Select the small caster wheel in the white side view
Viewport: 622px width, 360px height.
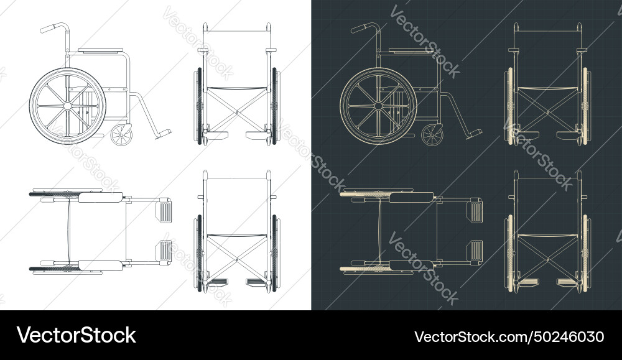click(x=122, y=135)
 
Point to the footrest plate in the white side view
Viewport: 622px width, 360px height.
click(x=163, y=132)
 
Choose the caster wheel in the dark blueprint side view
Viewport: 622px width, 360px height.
click(x=433, y=135)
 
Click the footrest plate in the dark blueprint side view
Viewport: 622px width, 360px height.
click(x=474, y=132)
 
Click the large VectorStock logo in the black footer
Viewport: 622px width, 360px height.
click(x=77, y=336)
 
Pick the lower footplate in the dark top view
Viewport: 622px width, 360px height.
click(x=475, y=250)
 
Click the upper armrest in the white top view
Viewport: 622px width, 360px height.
click(x=100, y=198)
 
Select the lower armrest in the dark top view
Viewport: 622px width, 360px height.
click(x=411, y=265)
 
